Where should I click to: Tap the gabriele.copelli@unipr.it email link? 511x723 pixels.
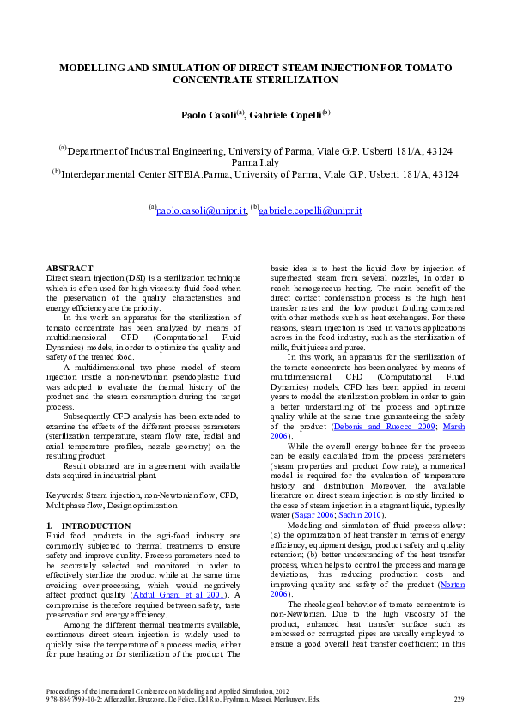tap(310, 210)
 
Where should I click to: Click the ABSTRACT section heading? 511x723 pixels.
tap(70, 269)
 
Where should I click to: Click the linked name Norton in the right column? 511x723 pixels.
tap(452, 584)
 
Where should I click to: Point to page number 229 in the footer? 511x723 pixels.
tap(458, 700)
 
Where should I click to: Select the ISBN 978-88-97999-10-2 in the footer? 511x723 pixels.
tap(74, 700)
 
